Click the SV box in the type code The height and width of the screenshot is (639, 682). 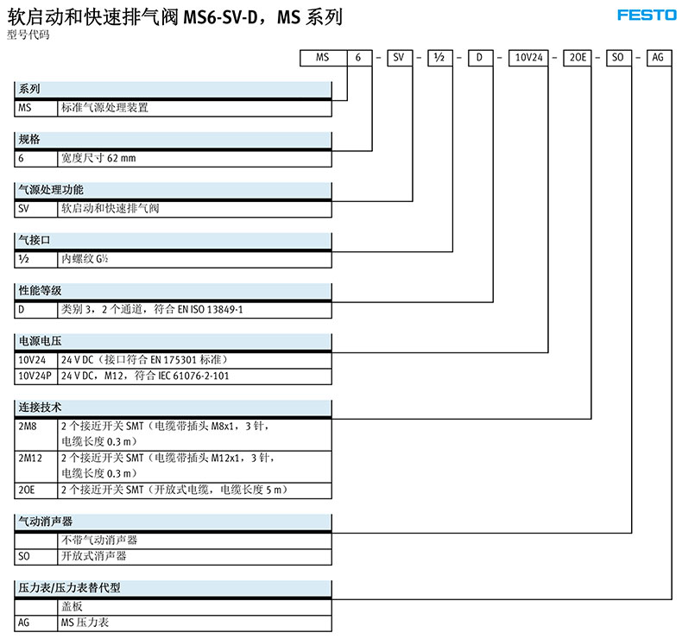(x=400, y=59)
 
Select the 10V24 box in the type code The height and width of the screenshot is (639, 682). (x=527, y=59)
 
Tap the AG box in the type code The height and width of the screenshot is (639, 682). (x=656, y=59)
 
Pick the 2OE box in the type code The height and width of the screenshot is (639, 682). (x=575, y=59)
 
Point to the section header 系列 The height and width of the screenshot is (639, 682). (x=30, y=89)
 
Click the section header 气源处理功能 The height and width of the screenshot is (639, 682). (x=52, y=189)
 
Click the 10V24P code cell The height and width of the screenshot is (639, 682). (x=35, y=376)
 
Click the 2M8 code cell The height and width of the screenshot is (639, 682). (x=28, y=427)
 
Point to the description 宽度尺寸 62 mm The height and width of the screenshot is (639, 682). (x=98, y=158)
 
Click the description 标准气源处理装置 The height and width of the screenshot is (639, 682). (x=104, y=108)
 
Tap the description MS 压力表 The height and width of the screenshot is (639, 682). (x=85, y=622)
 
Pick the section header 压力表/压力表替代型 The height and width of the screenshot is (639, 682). (x=69, y=587)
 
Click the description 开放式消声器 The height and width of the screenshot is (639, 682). (x=93, y=556)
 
